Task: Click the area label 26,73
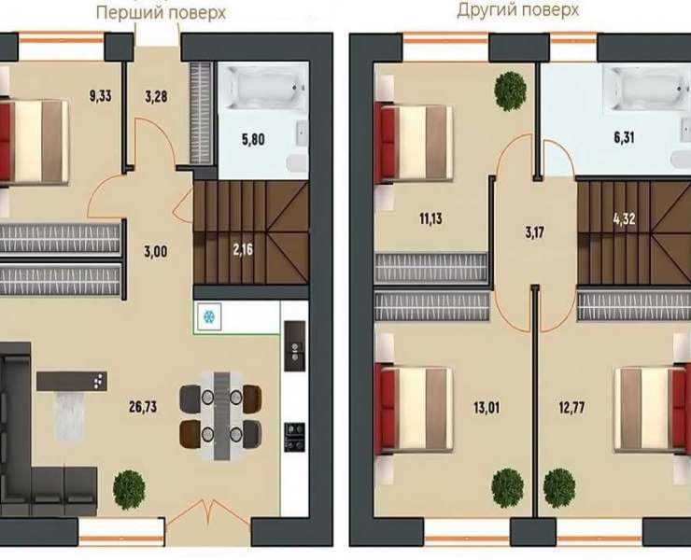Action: pos(143,407)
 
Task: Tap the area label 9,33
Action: pos(101,95)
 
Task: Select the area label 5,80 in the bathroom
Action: pos(253,140)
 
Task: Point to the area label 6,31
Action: pos(624,138)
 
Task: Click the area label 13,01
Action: pos(487,408)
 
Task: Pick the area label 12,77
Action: pos(571,408)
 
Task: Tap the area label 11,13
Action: pos(430,218)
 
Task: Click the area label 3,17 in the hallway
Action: pos(534,232)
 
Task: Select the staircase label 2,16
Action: pos(243,250)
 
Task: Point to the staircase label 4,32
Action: pos(624,218)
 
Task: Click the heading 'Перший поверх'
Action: pos(161,12)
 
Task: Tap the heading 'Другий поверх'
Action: pos(517,9)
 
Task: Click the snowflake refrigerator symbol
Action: pos(208,316)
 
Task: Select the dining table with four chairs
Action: pos(220,416)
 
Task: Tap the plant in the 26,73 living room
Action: pos(129,489)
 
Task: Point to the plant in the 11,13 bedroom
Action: pos(511,91)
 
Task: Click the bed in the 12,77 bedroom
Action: pos(652,409)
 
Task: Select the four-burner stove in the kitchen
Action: pos(295,437)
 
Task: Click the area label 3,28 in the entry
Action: pos(156,96)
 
